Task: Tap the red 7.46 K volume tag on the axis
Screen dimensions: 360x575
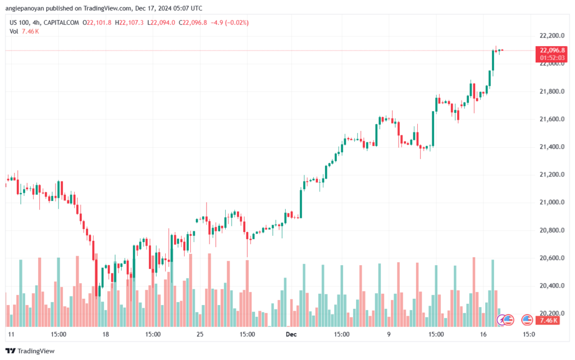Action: (x=547, y=320)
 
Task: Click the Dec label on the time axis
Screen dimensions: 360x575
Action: (x=291, y=334)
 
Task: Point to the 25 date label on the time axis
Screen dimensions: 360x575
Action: (x=200, y=334)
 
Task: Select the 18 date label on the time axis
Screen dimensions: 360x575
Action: (x=106, y=334)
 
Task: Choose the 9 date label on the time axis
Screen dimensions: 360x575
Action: (x=388, y=334)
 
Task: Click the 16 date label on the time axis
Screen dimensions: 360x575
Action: (x=482, y=334)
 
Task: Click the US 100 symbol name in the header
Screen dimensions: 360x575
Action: (x=20, y=22)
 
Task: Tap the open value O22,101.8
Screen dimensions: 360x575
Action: (x=97, y=22)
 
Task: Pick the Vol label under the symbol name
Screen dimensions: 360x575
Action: (x=14, y=31)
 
